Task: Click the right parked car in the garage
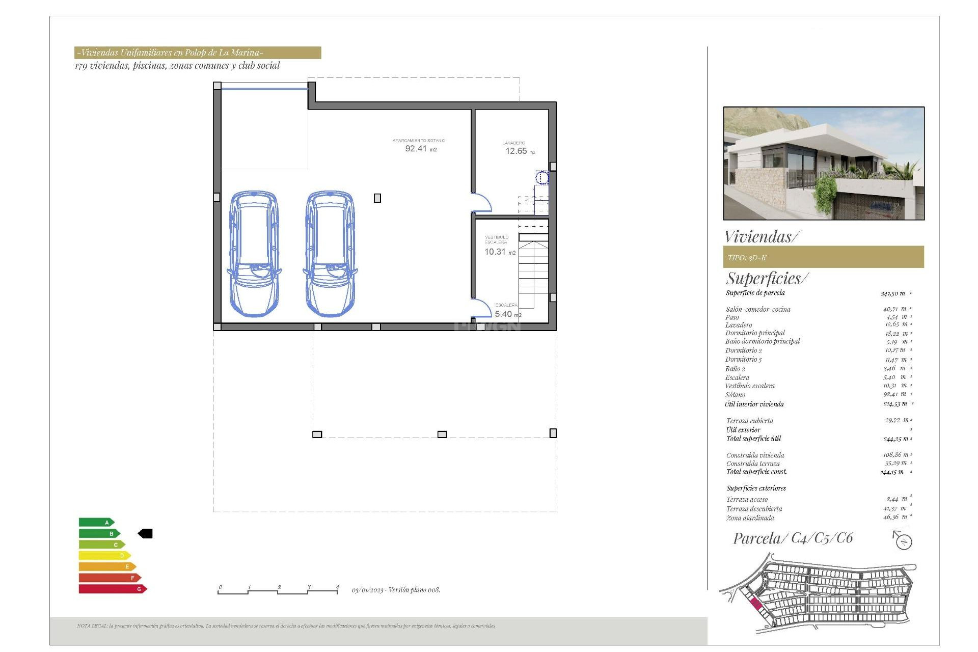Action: tap(330, 254)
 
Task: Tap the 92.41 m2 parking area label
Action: tap(420, 148)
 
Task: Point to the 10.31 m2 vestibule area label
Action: tap(499, 252)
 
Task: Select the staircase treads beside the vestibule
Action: tap(533, 275)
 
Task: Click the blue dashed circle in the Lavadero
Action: tap(542, 178)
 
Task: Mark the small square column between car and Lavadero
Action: tap(377, 198)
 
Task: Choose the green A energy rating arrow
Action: tap(96, 522)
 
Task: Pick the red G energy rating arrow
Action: tap(113, 589)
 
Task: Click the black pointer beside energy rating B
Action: tap(145, 533)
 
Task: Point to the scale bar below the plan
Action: tap(278, 591)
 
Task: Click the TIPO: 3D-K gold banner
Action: tap(823, 257)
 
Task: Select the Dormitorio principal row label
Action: tap(755, 333)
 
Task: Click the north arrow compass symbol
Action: tap(903, 540)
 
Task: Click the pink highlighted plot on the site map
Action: tap(756, 605)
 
